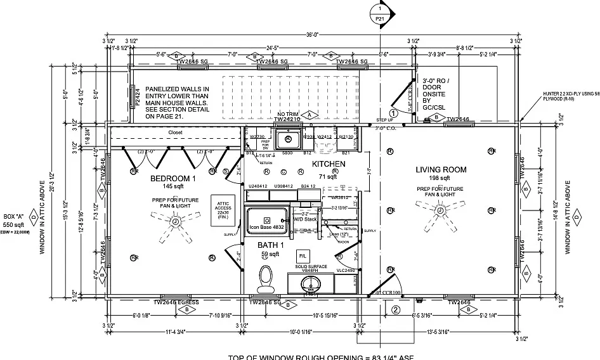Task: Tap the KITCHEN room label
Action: pos(328,164)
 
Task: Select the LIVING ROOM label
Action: pos(441,170)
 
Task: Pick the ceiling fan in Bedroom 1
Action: pos(173,222)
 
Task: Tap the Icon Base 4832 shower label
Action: pos(266,226)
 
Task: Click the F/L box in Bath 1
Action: pos(303,255)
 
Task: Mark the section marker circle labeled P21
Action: pos(379,15)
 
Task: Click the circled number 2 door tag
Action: pos(395,310)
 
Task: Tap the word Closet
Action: pos(175,132)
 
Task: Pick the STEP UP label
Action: pos(385,119)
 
